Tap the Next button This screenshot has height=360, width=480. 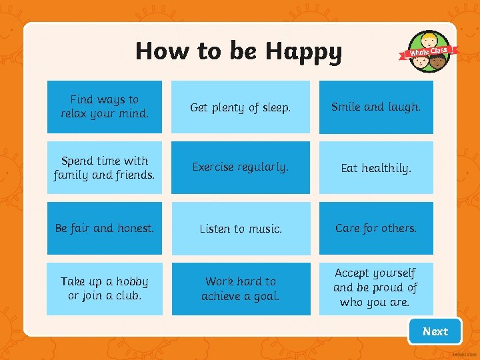435,331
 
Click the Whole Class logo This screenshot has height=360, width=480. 429,51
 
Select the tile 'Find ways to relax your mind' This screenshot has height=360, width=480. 105,107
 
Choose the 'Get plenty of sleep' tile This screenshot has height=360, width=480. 241,107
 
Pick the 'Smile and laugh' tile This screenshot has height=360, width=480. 376,107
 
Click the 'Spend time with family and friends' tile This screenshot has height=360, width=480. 105,167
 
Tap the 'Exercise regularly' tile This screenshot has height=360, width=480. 241,167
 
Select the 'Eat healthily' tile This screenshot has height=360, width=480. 376,167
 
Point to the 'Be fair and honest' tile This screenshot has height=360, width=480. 105,228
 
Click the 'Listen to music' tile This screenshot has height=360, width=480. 241,228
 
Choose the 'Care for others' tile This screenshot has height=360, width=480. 376,228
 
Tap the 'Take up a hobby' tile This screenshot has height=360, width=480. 105,289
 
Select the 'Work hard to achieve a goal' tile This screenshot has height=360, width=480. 241,289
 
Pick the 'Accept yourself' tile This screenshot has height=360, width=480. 376,289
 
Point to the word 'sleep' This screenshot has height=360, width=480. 274,107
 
